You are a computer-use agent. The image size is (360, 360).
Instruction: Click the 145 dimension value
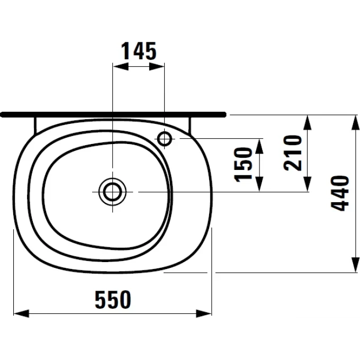click(139, 51)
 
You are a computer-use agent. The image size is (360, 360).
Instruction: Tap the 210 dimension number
click(292, 152)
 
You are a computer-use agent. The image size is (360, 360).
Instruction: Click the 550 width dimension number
click(113, 300)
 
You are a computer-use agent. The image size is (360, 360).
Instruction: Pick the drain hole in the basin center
click(112, 191)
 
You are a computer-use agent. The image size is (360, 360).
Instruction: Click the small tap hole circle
click(164, 139)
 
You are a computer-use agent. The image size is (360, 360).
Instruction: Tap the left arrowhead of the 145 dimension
click(118, 67)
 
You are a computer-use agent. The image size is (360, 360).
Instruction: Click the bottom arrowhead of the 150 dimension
click(259, 186)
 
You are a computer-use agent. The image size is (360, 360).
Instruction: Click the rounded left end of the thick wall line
click(3, 114)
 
